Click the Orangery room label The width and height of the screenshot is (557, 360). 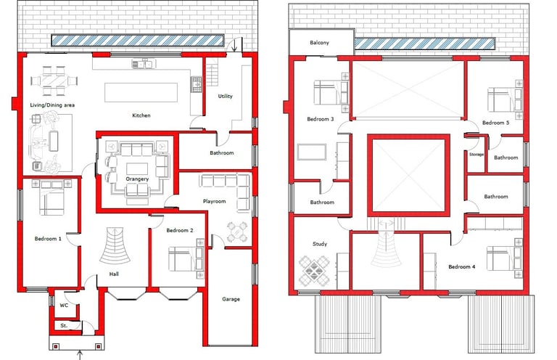[x=137, y=179]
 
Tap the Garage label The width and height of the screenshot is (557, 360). [x=231, y=299]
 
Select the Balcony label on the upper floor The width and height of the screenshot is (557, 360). [x=319, y=43]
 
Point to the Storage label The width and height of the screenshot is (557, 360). [x=476, y=155]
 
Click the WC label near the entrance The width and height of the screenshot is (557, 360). [x=64, y=306]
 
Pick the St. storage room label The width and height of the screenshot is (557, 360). [x=64, y=325]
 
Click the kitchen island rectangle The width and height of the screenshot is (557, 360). [x=141, y=92]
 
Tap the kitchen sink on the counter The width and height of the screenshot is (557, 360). [x=144, y=64]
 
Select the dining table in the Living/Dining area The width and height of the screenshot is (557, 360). [x=54, y=81]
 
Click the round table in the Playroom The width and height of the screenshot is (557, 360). [x=237, y=232]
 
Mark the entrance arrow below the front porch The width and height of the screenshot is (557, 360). [x=80, y=355]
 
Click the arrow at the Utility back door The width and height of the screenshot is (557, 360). [x=234, y=45]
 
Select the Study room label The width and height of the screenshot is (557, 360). [x=320, y=244]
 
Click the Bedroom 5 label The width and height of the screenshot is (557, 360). [x=495, y=123]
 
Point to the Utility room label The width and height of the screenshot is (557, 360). [x=226, y=96]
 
